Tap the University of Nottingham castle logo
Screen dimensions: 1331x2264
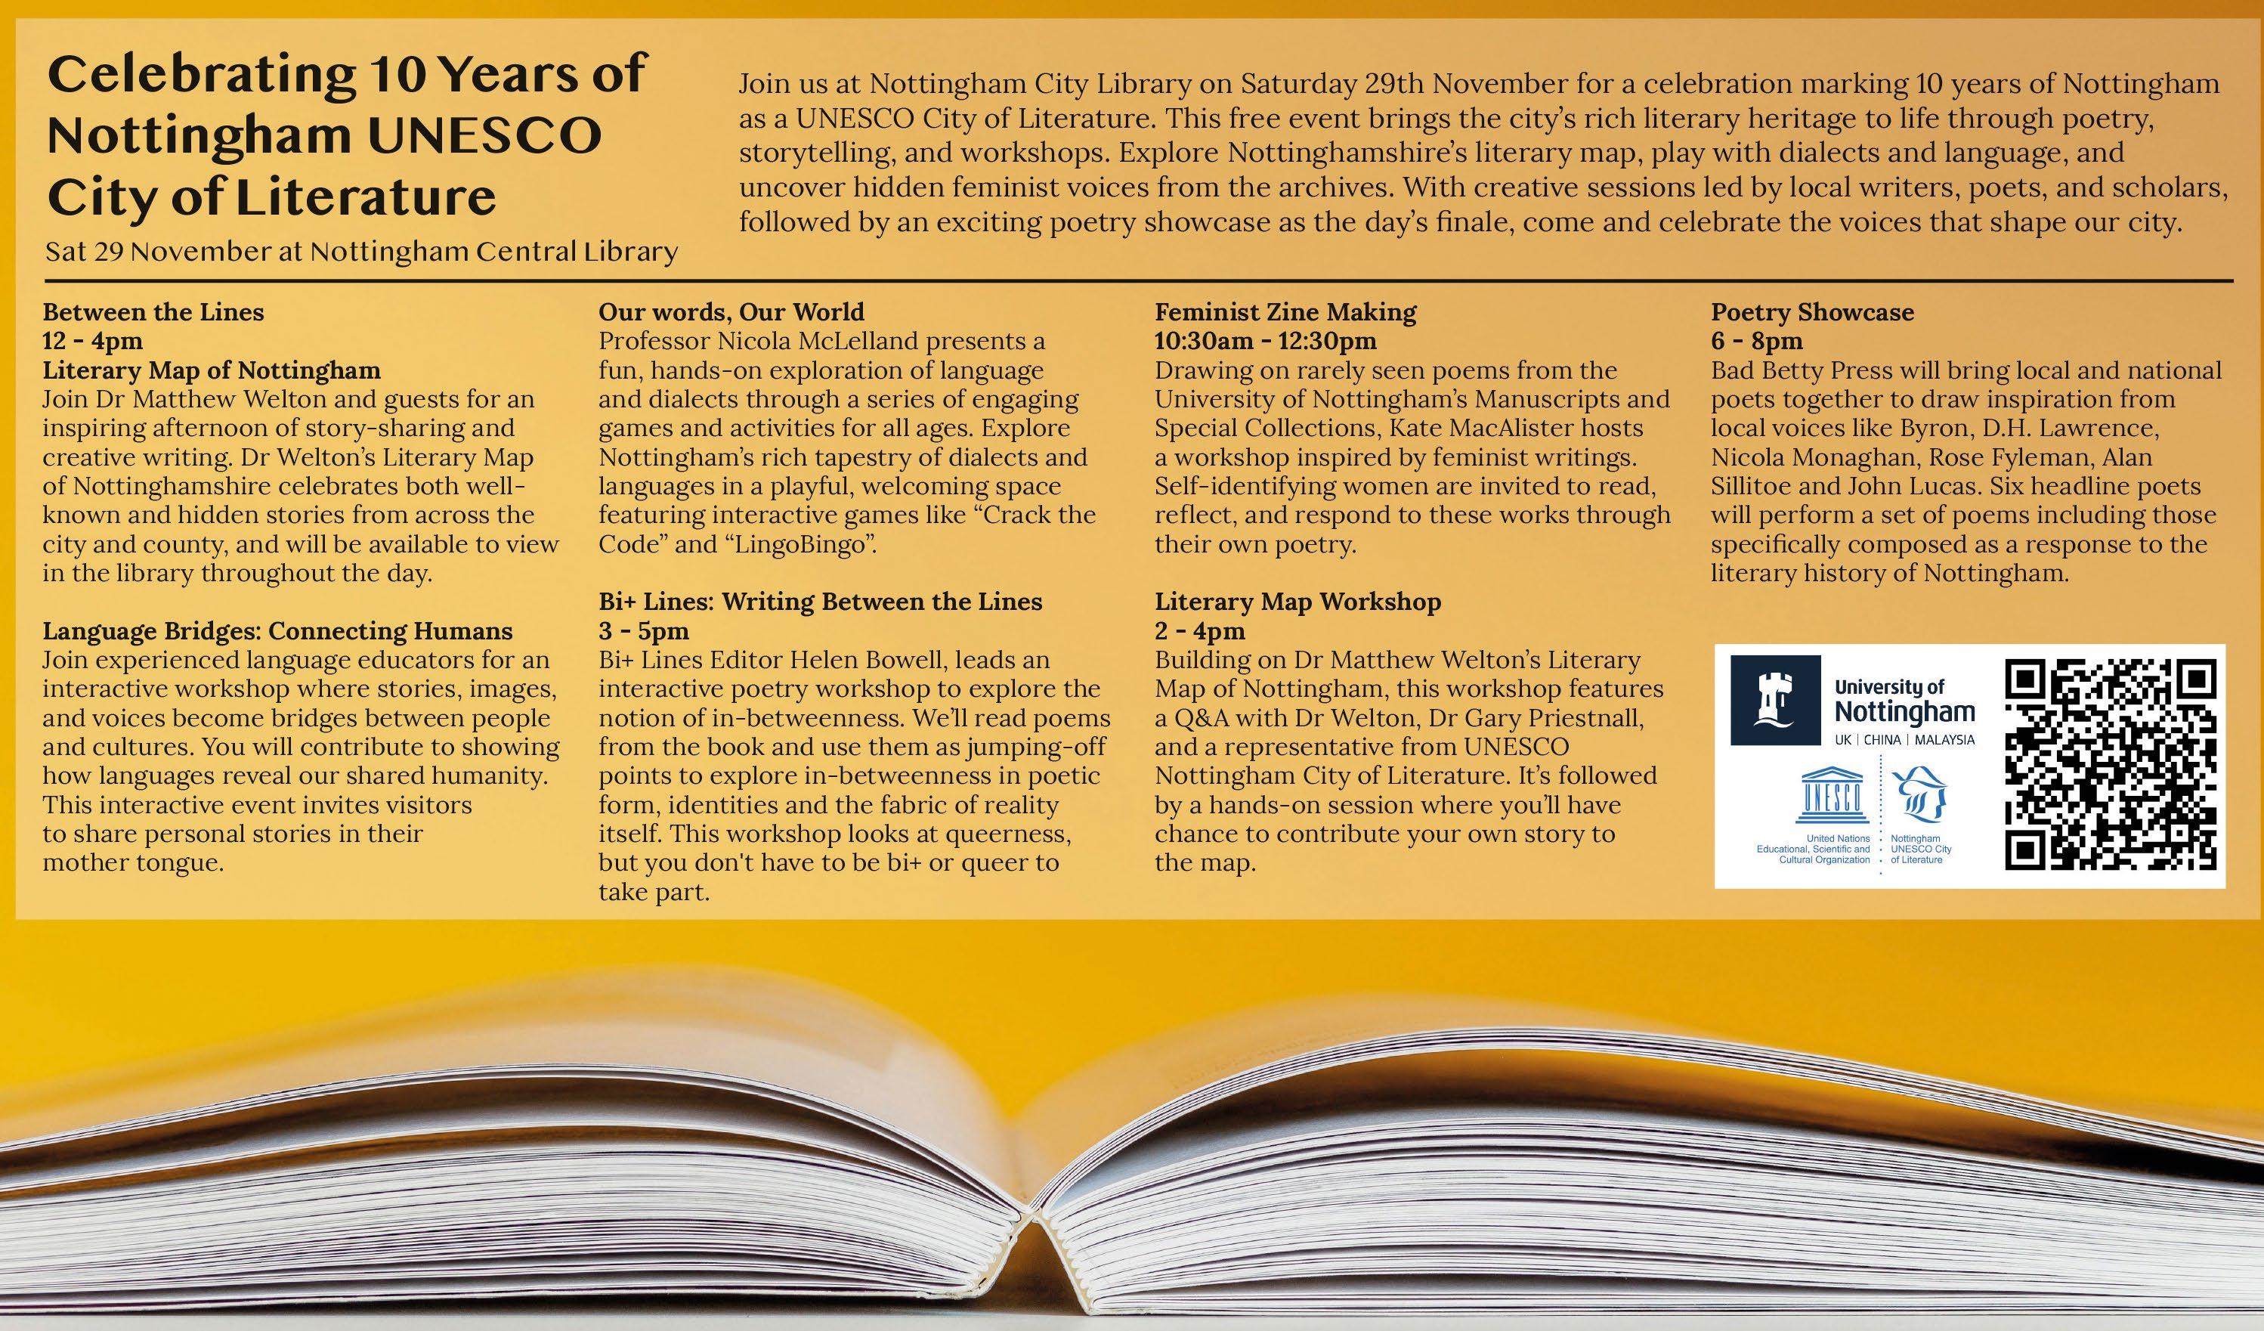(x=1770, y=700)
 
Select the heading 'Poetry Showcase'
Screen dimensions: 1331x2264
(x=1811, y=312)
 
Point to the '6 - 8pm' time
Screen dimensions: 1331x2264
(x=1756, y=341)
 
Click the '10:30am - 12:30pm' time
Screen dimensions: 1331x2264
(x=1265, y=341)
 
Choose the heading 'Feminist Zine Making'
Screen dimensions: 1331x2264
(x=1285, y=312)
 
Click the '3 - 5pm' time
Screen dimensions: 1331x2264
(x=643, y=631)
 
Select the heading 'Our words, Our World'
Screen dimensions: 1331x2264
(x=731, y=312)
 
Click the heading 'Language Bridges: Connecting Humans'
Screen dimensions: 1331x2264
(x=277, y=631)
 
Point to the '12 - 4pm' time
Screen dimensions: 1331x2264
(x=92, y=341)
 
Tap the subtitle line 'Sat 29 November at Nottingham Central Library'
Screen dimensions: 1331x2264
(x=361, y=252)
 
